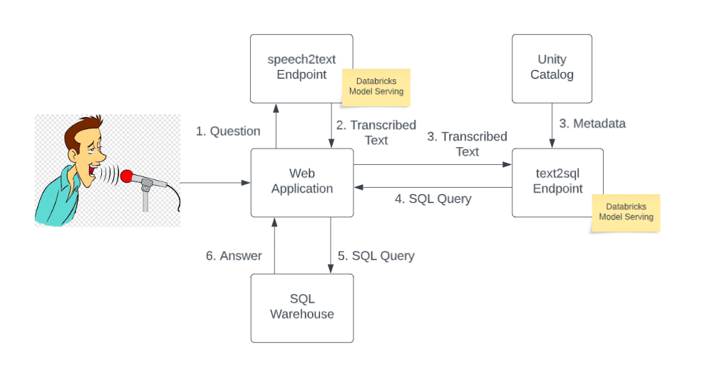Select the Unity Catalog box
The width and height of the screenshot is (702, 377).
pos(552,68)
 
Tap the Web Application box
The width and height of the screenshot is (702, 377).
pos(301,182)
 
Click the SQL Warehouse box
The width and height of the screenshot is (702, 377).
pos(301,307)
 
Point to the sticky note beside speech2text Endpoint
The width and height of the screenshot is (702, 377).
pos(376,87)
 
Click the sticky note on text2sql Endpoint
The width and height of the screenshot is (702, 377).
pos(626,212)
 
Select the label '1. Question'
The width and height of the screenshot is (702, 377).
pos(228,131)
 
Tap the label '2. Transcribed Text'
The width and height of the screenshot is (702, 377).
pos(376,133)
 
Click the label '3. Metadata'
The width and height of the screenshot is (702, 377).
pos(592,124)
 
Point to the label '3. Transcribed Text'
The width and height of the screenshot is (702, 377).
pos(468,144)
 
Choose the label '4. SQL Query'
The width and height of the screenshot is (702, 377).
pos(433,199)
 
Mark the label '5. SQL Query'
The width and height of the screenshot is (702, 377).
pos(376,256)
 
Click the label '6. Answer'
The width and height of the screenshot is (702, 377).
pos(234,256)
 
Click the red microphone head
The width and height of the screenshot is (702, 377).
pos(128,176)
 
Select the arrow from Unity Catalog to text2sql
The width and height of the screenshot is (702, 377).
pos(552,125)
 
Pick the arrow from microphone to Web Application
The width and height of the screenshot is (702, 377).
pos(215,183)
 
